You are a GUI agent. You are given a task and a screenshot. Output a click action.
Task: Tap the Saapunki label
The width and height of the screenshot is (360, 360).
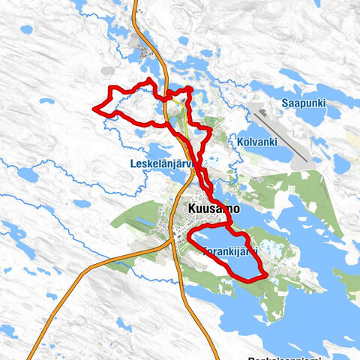pyautogui.click(x=304, y=103)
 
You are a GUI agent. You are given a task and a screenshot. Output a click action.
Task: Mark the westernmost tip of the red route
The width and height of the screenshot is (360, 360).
pyautogui.click(x=94, y=109)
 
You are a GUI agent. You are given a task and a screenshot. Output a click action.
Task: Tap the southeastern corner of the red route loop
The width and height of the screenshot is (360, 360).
pyautogui.click(x=265, y=277)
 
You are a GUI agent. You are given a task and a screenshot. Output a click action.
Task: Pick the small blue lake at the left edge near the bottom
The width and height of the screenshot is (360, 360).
pyautogui.click(x=7, y=330)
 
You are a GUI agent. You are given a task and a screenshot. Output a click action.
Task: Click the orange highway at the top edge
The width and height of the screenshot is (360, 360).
pyautogui.click(x=136, y=4)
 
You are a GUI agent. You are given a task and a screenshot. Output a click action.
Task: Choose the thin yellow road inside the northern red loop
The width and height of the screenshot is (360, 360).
pyautogui.click(x=180, y=105)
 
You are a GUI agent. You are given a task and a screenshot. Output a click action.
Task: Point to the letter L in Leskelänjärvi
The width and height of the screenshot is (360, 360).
pyautogui.click(x=132, y=163)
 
